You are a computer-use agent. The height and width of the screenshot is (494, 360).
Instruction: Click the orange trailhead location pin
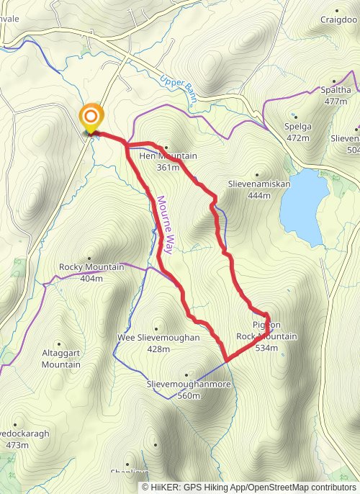[91, 118]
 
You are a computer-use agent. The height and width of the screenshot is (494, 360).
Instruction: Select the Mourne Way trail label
[164, 225]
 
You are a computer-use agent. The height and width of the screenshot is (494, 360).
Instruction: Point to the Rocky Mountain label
[91, 267]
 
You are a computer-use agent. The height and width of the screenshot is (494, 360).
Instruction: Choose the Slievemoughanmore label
[189, 385]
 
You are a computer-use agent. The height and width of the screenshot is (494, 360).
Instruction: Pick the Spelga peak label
[299, 127]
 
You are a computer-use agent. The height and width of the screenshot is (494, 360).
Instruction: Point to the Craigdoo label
[338, 19]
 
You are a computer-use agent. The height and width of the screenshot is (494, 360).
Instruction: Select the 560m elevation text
[189, 395]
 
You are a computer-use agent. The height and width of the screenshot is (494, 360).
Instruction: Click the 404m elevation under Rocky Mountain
[91, 278]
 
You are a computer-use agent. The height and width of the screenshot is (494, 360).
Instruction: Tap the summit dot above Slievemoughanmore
[186, 375]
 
